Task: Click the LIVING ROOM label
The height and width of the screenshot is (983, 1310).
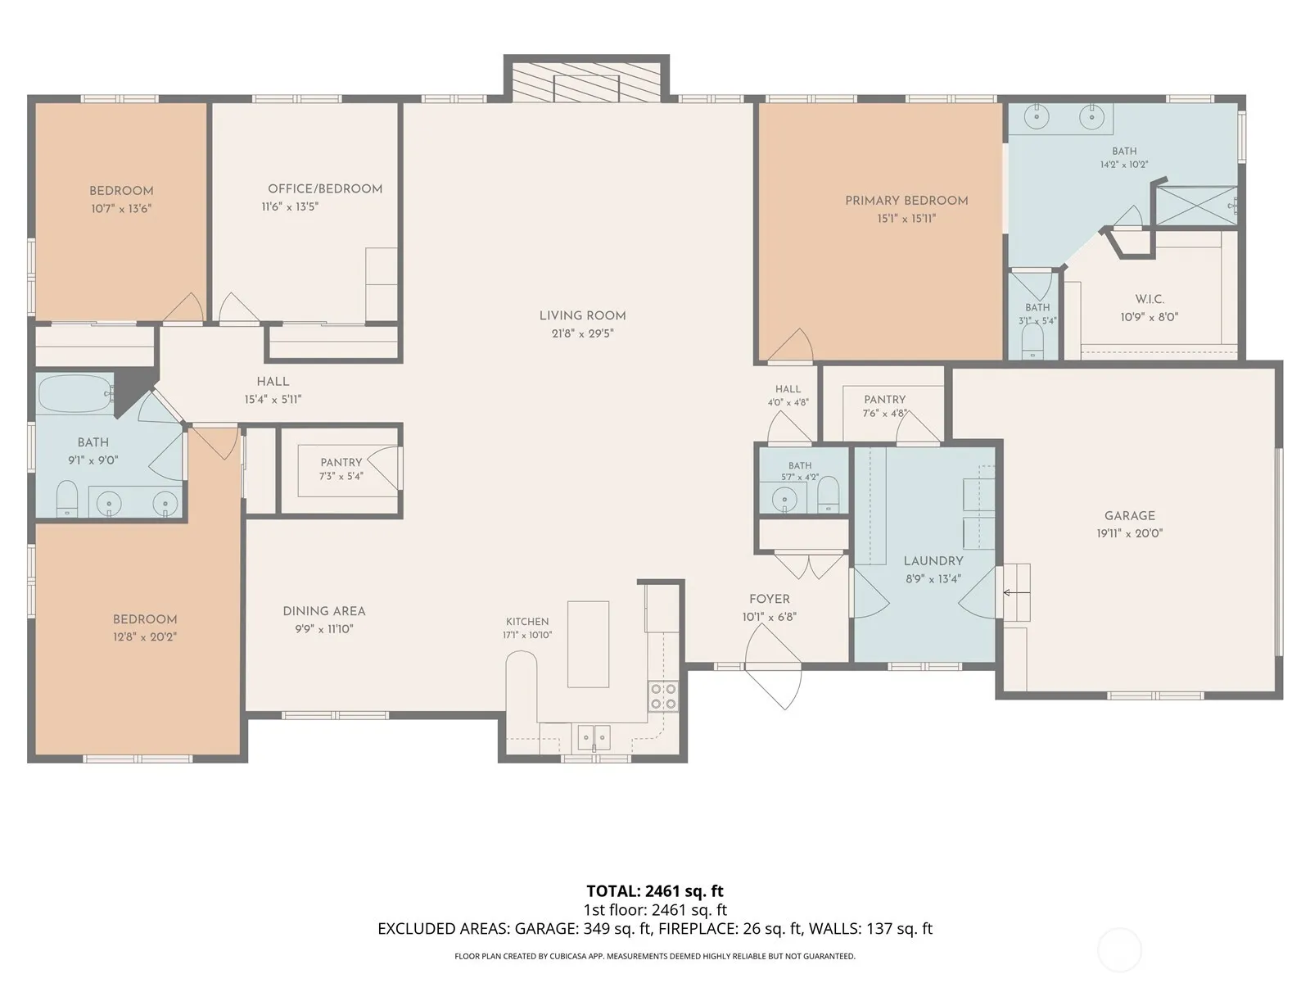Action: [x=582, y=315]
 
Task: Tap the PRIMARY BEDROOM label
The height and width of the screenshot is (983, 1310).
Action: [x=906, y=201]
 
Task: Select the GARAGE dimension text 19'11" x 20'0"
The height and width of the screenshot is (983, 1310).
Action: [x=1130, y=533]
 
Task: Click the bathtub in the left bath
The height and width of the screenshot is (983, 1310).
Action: [x=75, y=393]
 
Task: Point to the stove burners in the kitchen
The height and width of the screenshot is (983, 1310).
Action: [x=663, y=696]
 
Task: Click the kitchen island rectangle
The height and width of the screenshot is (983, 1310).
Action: [x=588, y=644]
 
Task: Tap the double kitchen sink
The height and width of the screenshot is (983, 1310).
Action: [x=594, y=738]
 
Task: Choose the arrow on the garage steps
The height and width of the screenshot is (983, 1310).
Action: [x=1016, y=592]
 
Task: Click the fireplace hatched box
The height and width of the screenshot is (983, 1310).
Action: [x=586, y=82]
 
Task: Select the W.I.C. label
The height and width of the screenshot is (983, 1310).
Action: [x=1150, y=299]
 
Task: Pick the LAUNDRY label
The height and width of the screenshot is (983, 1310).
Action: [x=933, y=561]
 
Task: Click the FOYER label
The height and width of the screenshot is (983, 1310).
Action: [x=770, y=599]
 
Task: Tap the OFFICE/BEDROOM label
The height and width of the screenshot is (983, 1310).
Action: [x=325, y=188]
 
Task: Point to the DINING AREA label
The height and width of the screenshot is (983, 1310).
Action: [x=324, y=611]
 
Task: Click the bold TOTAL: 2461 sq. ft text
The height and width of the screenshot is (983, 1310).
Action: [x=655, y=891]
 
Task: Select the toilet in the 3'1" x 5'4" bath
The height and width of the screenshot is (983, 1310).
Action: [x=1032, y=342]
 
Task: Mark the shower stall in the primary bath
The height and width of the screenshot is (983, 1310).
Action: [x=1197, y=206]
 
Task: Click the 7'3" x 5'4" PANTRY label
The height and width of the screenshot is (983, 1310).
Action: [x=341, y=463]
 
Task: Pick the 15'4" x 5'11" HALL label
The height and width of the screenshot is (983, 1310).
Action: [x=273, y=382]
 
